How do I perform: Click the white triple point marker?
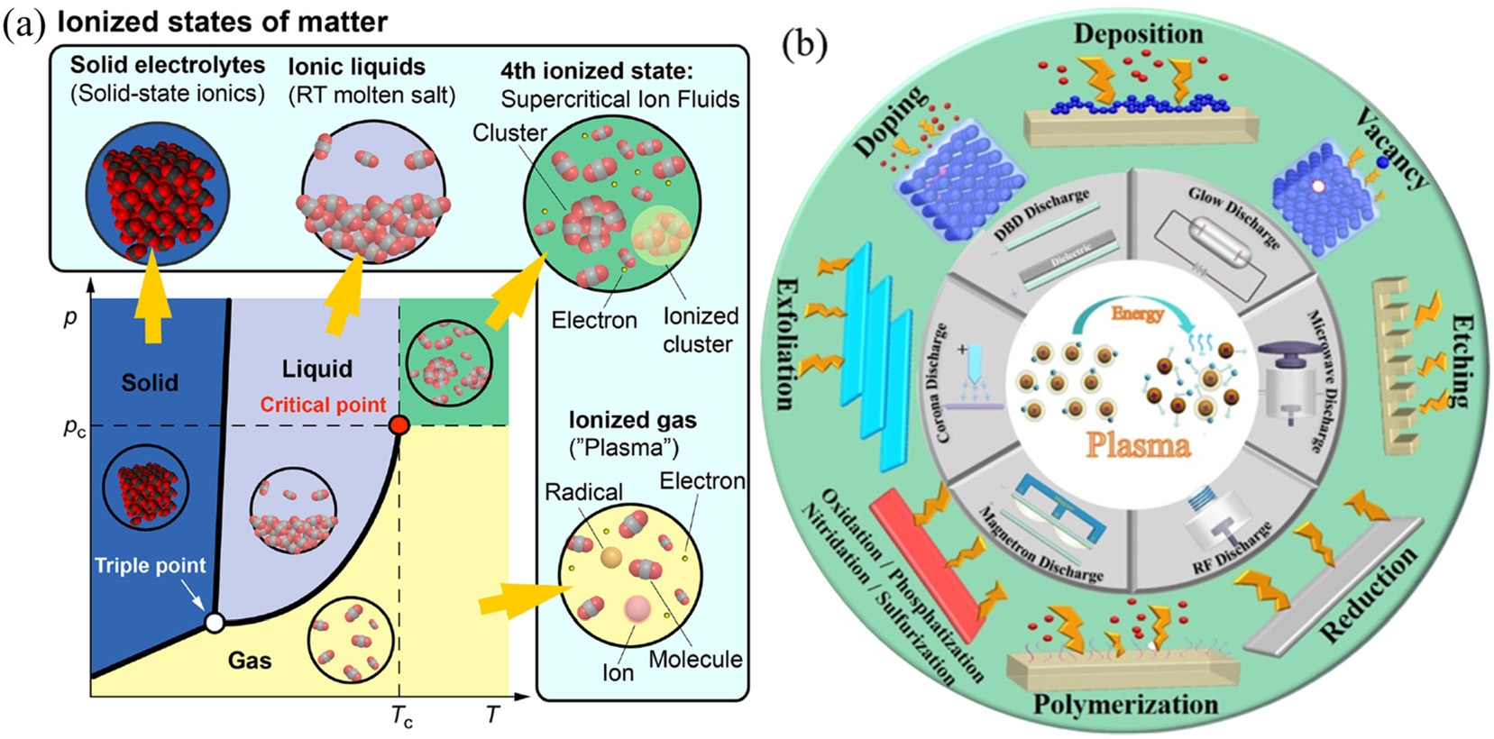tap(215, 622)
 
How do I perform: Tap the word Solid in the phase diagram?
tap(150, 382)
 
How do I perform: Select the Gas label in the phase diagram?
tap(249, 661)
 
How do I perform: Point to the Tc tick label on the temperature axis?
tap(402, 716)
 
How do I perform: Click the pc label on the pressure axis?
tap(75, 427)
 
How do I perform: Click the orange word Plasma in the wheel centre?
tap(1137, 444)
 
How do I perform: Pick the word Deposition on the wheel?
tap(1138, 34)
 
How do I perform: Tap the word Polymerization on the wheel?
tap(1125, 704)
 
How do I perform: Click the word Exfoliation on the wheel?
tap(785, 342)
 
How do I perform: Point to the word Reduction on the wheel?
tap(1369, 596)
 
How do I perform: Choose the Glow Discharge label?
tap(1233, 217)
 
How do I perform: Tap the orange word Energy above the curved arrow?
tap(1137, 314)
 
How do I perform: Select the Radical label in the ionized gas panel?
tap(583, 492)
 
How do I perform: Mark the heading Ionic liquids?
tap(356, 67)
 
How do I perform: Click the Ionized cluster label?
tap(700, 330)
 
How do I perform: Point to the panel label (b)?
tap(804, 43)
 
